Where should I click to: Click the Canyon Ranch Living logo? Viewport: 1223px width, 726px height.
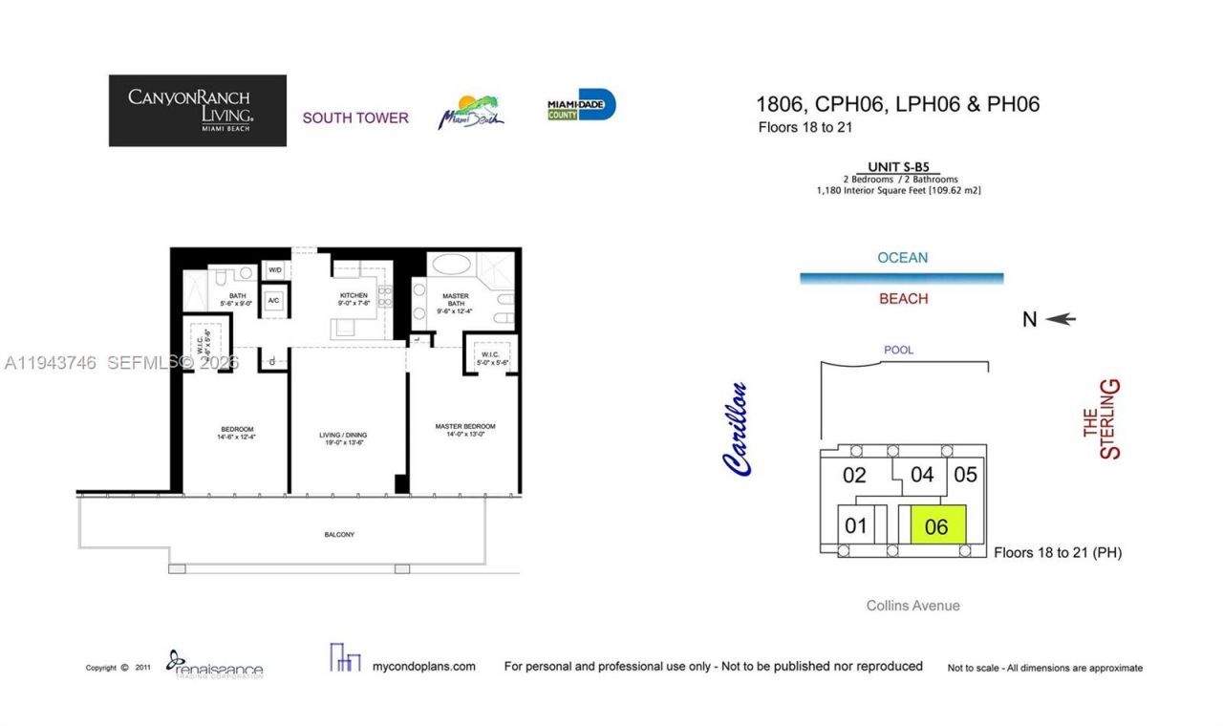coord(197,110)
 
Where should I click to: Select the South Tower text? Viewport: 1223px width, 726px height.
coord(355,117)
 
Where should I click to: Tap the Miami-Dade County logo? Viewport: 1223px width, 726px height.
coord(581,105)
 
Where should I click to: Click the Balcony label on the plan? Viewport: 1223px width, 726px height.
coord(339,535)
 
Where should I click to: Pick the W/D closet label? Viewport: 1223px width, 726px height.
coord(275,270)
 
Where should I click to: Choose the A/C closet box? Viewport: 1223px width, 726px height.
coord(273,301)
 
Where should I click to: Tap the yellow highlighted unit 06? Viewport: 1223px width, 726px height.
coord(937,525)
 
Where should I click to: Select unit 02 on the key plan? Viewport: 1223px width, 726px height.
coord(854,475)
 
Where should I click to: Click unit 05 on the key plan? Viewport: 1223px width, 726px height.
coord(965,474)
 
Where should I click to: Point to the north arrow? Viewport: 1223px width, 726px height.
coord(1060,319)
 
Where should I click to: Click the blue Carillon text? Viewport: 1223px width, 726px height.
coord(736,429)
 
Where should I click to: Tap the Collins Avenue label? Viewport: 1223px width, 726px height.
coord(912,605)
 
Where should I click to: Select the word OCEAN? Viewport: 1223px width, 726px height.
coord(902,257)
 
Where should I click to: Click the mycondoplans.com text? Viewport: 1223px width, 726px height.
coord(423,666)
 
